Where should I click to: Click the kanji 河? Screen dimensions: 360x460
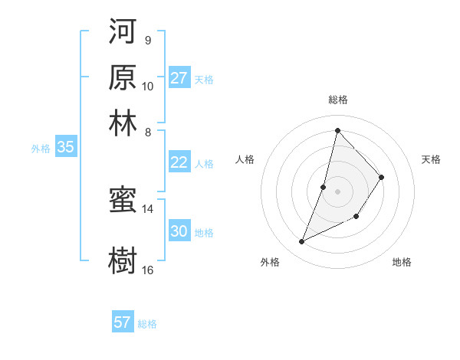pyautogui.click(x=123, y=33)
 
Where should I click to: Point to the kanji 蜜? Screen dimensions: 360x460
pyautogui.click(x=123, y=201)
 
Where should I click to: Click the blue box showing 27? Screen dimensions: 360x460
pyautogui.click(x=179, y=78)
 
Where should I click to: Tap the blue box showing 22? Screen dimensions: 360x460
pyautogui.click(x=179, y=162)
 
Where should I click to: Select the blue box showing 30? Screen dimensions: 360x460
pyautogui.click(x=179, y=231)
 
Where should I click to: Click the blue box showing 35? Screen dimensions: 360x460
pyautogui.click(x=65, y=148)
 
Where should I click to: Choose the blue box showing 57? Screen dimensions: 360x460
pyautogui.click(x=123, y=322)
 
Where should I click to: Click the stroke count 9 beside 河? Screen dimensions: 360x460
pyautogui.click(x=147, y=40)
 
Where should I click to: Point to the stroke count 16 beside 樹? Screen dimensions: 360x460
pyautogui.click(x=148, y=270)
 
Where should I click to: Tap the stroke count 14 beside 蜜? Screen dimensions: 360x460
pyautogui.click(x=148, y=209)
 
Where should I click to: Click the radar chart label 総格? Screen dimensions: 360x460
pyautogui.click(x=337, y=100)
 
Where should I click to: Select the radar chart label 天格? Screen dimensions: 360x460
pyautogui.click(x=431, y=159)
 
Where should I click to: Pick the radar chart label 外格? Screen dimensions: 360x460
pyautogui.click(x=270, y=262)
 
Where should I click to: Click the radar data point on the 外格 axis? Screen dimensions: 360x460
pyautogui.click(x=302, y=242)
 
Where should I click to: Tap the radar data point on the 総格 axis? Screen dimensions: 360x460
pyautogui.click(x=337, y=130)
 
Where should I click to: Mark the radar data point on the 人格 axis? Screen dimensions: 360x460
pyautogui.click(x=324, y=187)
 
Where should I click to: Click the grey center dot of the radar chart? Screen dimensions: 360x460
pyautogui.click(x=337, y=191)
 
